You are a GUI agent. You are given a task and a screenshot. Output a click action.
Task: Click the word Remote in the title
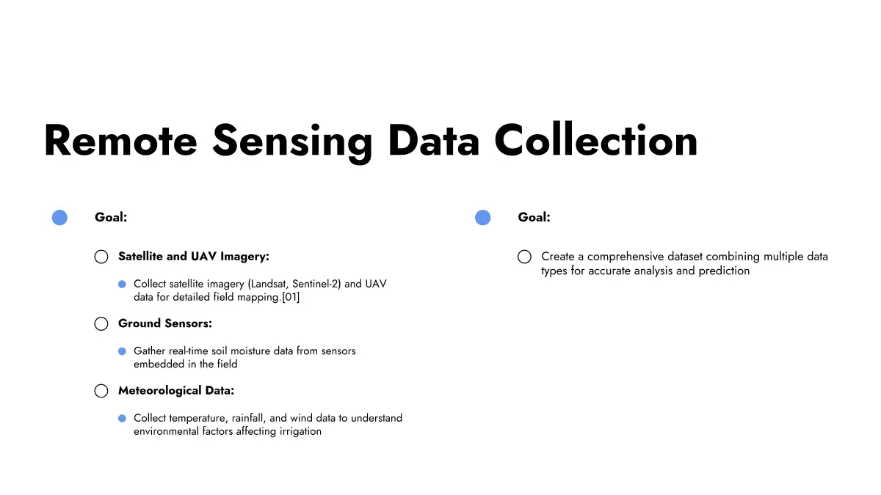click(120, 141)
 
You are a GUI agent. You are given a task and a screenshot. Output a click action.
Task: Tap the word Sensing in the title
click(293, 143)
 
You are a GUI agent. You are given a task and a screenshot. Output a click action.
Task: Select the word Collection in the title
click(596, 140)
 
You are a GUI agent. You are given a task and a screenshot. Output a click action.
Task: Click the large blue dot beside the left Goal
click(59, 218)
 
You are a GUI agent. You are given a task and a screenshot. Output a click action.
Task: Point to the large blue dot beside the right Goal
click(483, 218)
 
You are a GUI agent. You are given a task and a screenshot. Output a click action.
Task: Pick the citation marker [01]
click(291, 297)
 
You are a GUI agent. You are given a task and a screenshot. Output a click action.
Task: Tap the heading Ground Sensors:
click(165, 323)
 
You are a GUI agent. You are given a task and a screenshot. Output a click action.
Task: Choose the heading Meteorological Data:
click(176, 390)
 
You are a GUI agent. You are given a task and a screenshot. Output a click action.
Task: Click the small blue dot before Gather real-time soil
click(123, 351)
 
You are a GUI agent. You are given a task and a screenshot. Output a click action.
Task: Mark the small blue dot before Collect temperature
click(123, 419)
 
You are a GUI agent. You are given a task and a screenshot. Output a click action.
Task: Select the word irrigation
click(300, 431)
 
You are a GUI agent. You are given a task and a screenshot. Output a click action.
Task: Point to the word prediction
click(724, 271)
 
